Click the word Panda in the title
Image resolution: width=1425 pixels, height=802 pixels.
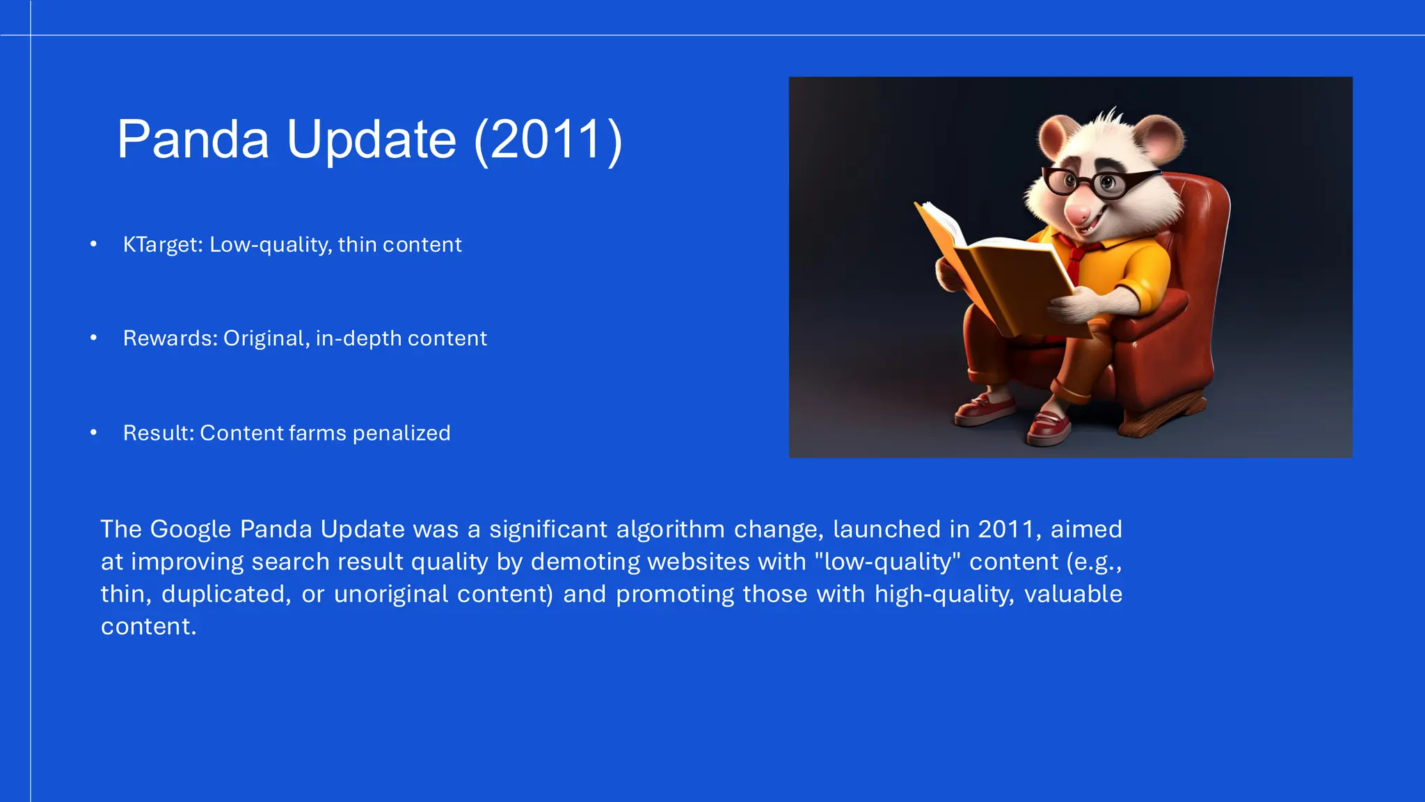(193, 139)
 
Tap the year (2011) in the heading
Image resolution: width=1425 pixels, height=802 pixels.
(548, 139)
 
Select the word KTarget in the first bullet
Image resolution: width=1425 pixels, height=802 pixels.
(162, 245)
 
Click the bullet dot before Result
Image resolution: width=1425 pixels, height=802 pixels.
(93, 433)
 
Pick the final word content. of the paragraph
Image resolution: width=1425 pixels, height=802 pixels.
(148, 627)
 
